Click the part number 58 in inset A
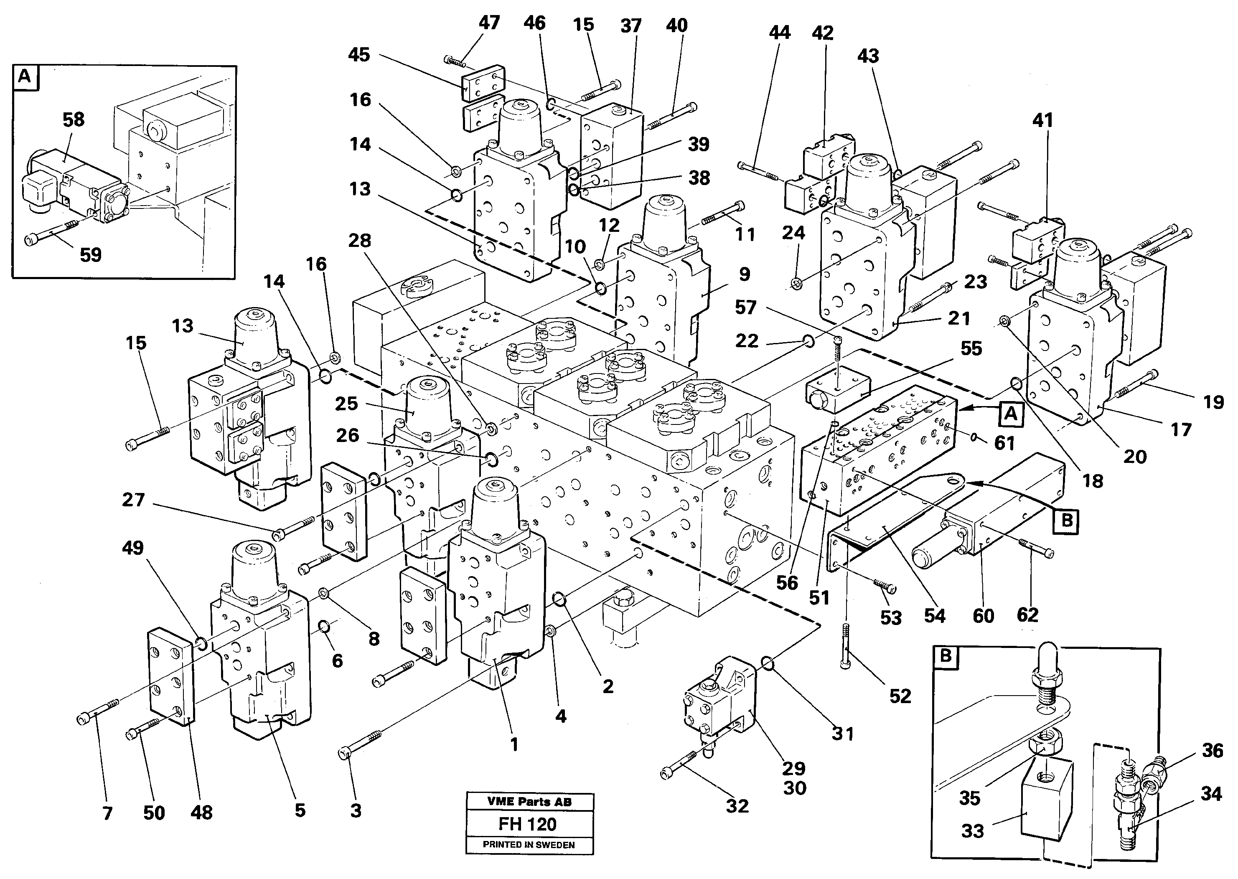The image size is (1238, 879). [73, 119]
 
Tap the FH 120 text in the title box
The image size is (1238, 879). [527, 824]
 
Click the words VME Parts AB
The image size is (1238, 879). [529, 802]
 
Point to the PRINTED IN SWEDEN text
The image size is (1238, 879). [529, 845]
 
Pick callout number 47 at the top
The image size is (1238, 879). [489, 23]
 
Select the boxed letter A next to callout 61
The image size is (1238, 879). [1011, 414]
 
